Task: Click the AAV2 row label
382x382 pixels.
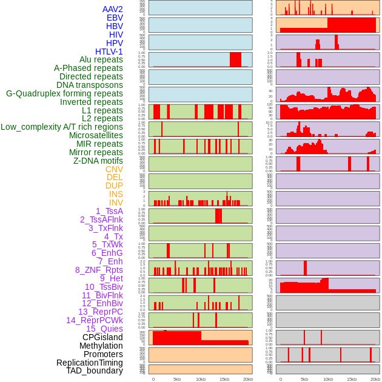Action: point(112,9)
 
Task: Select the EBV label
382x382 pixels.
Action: point(115,18)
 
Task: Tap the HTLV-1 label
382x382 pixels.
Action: point(109,52)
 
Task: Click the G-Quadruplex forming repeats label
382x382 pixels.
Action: point(64,93)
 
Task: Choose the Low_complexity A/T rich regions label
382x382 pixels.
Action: point(62,127)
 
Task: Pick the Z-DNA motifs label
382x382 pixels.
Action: point(98,161)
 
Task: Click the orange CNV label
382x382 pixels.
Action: point(114,169)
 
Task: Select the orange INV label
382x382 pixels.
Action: point(116,203)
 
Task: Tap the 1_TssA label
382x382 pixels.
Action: point(109,211)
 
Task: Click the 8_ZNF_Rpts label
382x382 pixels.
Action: point(99,270)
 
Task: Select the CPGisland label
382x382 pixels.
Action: point(102,337)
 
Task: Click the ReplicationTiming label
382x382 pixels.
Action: point(90,363)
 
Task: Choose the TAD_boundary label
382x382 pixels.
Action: point(95,370)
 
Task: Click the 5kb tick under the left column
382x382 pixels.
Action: point(177,379)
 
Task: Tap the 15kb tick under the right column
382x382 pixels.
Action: point(351,379)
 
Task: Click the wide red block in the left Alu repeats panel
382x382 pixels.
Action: point(235,59)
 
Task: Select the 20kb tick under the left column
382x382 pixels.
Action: point(248,379)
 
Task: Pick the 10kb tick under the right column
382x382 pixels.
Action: point(327,379)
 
